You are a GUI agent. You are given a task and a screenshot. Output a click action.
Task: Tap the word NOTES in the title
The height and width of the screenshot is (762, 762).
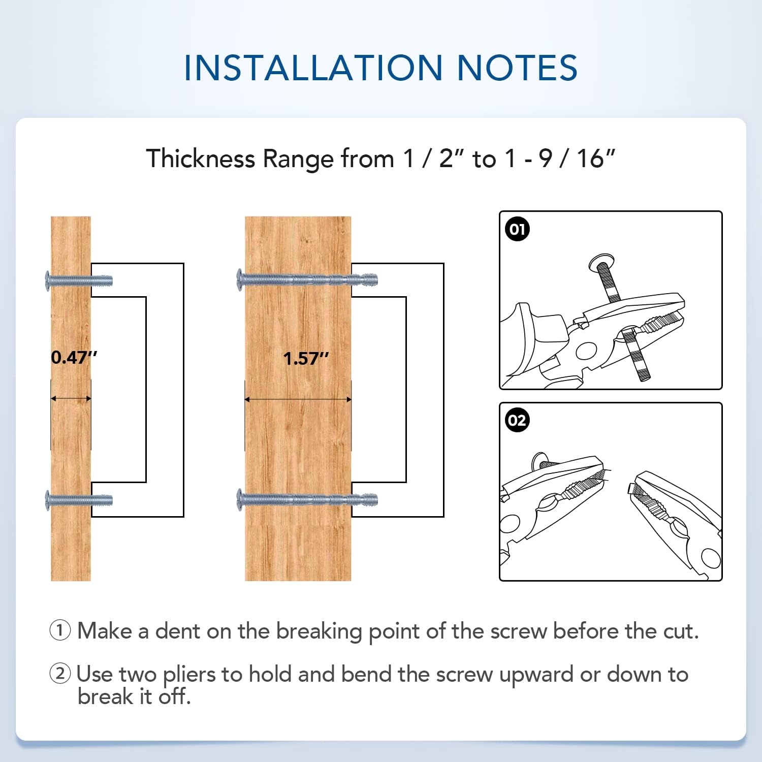pos(517,68)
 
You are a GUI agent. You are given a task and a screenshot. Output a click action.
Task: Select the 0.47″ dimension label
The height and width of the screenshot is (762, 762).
pos(74,358)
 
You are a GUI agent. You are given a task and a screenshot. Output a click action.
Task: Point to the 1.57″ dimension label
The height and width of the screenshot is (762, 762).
pos(306,359)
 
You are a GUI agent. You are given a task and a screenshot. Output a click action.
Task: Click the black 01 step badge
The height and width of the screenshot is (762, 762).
pos(517,229)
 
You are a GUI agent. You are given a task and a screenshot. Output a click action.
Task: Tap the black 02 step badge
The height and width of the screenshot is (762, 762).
pos(517,421)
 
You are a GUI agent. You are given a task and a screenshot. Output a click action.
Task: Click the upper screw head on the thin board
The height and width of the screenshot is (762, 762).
pos(48,281)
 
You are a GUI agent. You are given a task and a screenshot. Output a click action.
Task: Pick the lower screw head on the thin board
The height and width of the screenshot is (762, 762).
pos(48,500)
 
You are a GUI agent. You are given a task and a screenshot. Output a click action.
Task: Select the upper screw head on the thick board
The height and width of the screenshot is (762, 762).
pos(240,280)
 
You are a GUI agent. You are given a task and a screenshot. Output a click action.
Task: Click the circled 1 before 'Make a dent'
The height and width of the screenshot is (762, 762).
pos(60,631)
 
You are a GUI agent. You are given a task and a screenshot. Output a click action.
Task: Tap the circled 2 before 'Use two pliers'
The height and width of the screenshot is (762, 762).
pos(60,674)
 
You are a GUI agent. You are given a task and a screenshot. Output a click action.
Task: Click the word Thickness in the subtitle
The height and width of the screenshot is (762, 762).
pos(201,158)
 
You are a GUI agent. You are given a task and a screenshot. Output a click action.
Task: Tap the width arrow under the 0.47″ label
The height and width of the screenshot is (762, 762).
pos(71,399)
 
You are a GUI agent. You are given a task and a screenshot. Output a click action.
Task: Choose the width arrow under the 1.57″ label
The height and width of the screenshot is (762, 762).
pos(298,400)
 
